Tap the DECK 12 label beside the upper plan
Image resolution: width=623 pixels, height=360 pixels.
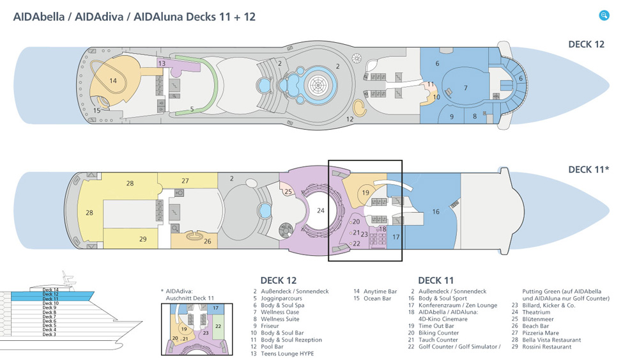(x=586, y=44)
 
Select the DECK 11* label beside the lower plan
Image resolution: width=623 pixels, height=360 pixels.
(x=587, y=169)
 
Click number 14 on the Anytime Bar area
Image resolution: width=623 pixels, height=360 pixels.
(x=113, y=81)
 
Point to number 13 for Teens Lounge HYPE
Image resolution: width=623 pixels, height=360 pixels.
(x=162, y=63)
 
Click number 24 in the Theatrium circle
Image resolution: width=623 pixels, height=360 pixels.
(x=321, y=210)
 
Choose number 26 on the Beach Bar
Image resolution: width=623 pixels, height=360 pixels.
(x=207, y=241)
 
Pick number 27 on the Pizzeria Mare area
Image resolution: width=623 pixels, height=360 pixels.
(x=185, y=181)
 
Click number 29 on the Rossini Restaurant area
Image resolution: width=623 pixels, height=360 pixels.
(x=142, y=239)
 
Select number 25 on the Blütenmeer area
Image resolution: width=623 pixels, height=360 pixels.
(x=288, y=192)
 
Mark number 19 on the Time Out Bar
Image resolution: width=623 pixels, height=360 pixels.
(x=365, y=192)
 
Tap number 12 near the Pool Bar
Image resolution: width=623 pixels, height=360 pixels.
(x=350, y=119)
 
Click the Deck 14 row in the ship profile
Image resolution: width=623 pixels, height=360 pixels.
(x=50, y=290)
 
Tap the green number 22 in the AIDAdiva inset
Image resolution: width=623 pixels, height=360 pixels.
(x=218, y=326)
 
